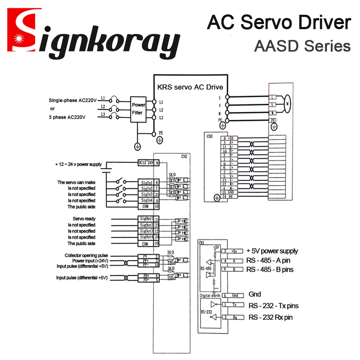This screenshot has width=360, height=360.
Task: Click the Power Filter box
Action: tap(138, 109)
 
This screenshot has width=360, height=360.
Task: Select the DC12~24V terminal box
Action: tap(146, 163)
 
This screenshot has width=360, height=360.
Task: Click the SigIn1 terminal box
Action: tap(147, 182)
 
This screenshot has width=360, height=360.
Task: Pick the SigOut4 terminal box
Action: tap(147, 237)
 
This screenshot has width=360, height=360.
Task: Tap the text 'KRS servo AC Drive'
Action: tap(190, 87)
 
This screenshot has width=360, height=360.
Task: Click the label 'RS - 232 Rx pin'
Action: tap(270, 317)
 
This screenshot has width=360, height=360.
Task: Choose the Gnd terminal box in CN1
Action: tap(235, 295)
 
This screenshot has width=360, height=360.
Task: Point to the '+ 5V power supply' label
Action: tap(272, 251)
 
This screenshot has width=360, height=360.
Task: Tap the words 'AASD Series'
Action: tap(302, 46)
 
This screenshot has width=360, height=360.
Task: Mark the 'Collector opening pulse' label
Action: tap(86, 255)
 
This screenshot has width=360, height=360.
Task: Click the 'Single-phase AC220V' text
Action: tap(73, 100)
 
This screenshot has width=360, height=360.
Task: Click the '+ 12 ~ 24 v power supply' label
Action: tap(78, 164)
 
